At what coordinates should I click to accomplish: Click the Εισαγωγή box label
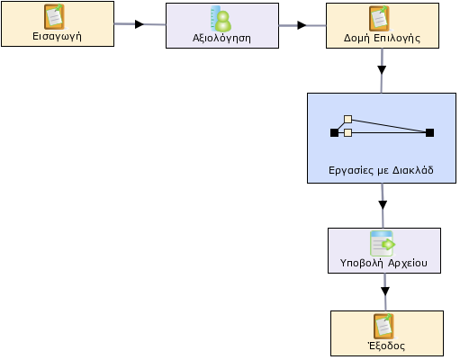coord(57,37)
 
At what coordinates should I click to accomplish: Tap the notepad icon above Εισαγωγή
coord(54,16)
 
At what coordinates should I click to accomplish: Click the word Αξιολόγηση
coord(221,39)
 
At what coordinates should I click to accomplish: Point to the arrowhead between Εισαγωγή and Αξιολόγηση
coord(140,24)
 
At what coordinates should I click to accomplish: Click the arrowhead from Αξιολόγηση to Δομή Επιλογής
coord(302,25)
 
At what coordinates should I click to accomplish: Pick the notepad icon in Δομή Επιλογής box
coord(380,18)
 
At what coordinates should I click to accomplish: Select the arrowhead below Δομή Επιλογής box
coord(382,70)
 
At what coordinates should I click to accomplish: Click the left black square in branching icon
coord(334,132)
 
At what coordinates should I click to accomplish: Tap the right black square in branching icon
coord(429,132)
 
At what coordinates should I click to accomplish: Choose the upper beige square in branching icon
coord(347,120)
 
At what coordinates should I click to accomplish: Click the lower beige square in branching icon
coord(347,132)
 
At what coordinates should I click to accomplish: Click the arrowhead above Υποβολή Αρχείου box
coord(383,205)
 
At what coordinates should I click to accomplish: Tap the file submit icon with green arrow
coord(383,243)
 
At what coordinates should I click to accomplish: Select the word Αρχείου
coord(408,263)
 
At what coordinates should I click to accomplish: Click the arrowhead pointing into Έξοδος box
coord(385,291)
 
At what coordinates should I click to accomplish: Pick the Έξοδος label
coord(386,346)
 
